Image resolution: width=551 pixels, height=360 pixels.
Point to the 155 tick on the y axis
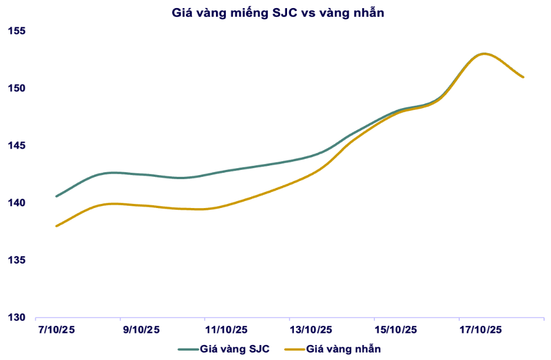(x=18, y=31)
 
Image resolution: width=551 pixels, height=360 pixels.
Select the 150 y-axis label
(x=18, y=88)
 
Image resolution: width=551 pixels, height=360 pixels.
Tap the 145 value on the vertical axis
(x=18, y=145)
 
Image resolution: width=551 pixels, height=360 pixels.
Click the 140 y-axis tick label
(x=18, y=203)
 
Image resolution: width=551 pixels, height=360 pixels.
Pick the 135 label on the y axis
(x=18, y=260)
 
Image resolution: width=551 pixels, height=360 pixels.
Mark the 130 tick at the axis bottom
(x=18, y=317)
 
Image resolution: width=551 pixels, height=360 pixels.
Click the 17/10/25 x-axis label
(x=480, y=330)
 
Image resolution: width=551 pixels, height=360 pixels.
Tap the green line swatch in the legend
(x=188, y=349)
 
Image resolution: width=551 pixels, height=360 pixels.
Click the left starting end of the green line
(x=56, y=196)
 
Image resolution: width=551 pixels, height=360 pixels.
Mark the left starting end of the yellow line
(x=56, y=226)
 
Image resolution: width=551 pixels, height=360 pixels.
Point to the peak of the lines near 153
(x=483, y=54)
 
